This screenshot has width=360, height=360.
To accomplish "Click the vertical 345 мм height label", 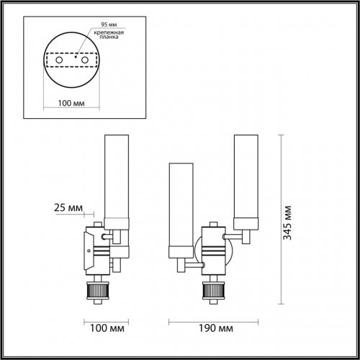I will point(289,222).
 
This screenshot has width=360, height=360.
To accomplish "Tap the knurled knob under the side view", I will point(95,292).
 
